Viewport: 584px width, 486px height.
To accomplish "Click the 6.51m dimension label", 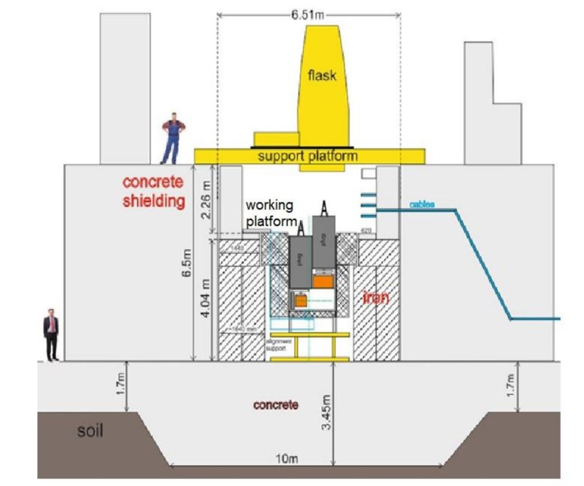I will [x=307, y=14].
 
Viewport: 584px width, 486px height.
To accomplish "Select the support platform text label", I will [x=308, y=156].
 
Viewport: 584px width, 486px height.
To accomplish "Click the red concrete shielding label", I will [x=153, y=191].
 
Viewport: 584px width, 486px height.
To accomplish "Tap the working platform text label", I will [x=270, y=213].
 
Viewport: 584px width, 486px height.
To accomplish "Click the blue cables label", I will [x=422, y=205].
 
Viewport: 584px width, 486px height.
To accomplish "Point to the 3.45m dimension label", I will [x=327, y=412].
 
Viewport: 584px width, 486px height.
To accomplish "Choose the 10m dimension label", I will [x=288, y=459].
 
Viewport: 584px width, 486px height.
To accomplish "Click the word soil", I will [x=90, y=431].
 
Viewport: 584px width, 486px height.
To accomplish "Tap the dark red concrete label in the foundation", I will [x=275, y=405].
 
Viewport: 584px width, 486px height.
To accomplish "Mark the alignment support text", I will [x=279, y=345].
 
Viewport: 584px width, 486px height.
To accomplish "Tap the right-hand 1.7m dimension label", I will [x=510, y=386].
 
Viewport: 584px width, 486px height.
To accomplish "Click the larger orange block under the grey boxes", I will [x=323, y=282].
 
